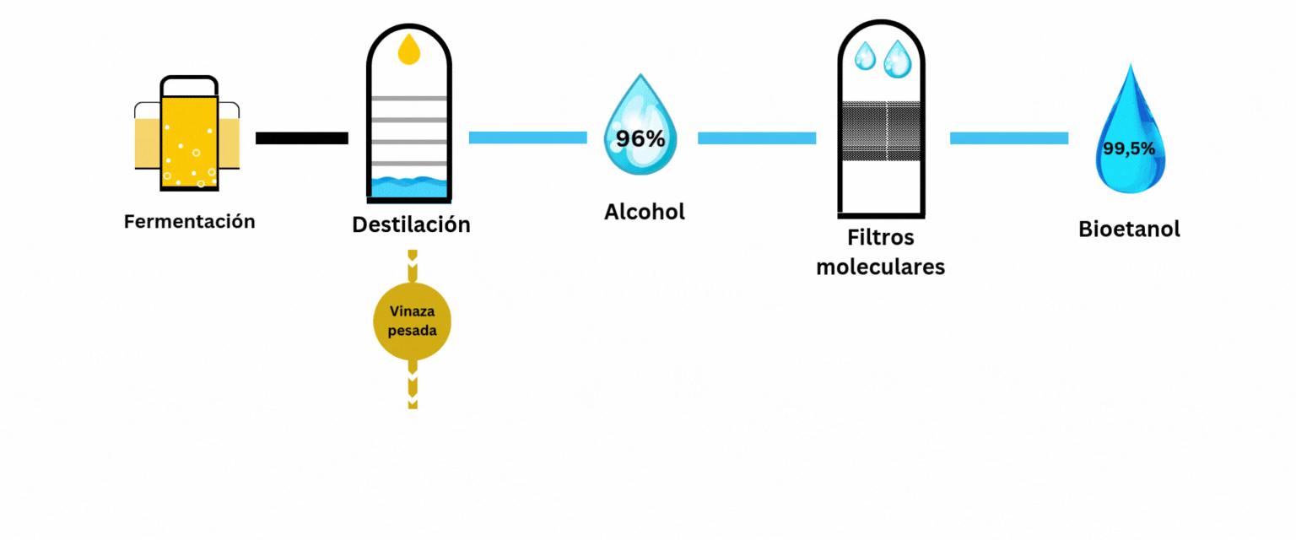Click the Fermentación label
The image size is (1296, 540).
pyautogui.click(x=189, y=222)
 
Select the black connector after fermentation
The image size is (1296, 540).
pyautogui.click(x=301, y=138)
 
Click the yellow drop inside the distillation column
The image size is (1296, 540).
pyautogui.click(x=409, y=49)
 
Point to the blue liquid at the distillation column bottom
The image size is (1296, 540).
pyautogui.click(x=409, y=186)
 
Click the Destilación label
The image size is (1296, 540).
pyautogui.click(x=411, y=225)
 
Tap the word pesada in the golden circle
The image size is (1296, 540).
pyautogui.click(x=412, y=331)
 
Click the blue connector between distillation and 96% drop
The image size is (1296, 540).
pyautogui.click(x=527, y=138)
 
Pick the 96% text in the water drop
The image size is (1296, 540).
pyautogui.click(x=640, y=139)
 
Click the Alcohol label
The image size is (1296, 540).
pyautogui.click(x=645, y=212)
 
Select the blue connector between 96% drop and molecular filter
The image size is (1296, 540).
pyautogui.click(x=756, y=138)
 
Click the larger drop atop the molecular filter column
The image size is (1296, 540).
pyautogui.click(x=897, y=59)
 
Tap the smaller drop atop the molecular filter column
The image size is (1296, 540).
pyautogui.click(x=866, y=57)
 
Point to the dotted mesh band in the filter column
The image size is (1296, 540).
pyautogui.click(x=881, y=131)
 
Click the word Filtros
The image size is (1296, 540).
pyautogui.click(x=881, y=239)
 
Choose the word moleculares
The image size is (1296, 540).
pyautogui.click(x=881, y=267)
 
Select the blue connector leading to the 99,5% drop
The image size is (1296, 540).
pyautogui.click(x=1009, y=138)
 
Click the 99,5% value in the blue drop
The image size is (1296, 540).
pyautogui.click(x=1128, y=149)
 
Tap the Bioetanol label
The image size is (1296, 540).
pyautogui.click(x=1129, y=229)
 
